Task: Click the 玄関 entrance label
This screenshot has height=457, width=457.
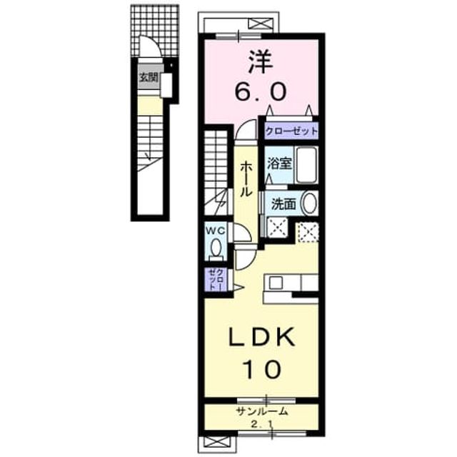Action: click(149, 77)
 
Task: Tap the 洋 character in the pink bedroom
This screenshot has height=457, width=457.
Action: click(261, 62)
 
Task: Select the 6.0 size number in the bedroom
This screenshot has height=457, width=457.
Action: click(261, 91)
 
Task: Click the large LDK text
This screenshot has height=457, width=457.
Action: click(261, 337)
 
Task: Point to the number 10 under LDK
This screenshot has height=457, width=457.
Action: click(262, 369)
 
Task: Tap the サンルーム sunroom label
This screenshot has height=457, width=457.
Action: click(262, 411)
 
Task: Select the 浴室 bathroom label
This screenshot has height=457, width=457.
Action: click(279, 164)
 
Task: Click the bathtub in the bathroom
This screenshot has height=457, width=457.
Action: click(306, 165)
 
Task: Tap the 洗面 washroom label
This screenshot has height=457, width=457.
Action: click(283, 204)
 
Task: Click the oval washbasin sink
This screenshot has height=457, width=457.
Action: click(309, 203)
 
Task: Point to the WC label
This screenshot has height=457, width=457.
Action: click(216, 231)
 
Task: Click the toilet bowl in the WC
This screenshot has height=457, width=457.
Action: click(216, 247)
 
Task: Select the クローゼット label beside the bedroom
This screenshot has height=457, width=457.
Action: click(291, 131)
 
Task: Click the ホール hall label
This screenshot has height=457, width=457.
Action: click(245, 179)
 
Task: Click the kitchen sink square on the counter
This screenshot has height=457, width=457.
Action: click(276, 283)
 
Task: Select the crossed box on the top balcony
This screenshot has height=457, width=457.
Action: click(260, 24)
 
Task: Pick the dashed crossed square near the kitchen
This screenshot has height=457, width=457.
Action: click(308, 232)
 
